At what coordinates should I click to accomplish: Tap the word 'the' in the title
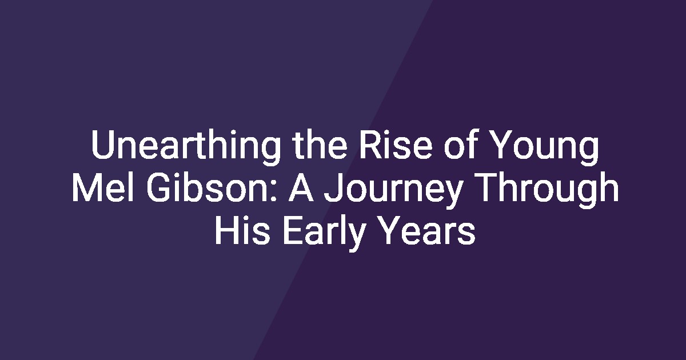point(320,145)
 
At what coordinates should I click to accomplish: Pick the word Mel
point(103,187)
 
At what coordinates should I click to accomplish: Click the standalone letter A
point(301,187)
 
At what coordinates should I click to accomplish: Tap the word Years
point(428,230)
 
